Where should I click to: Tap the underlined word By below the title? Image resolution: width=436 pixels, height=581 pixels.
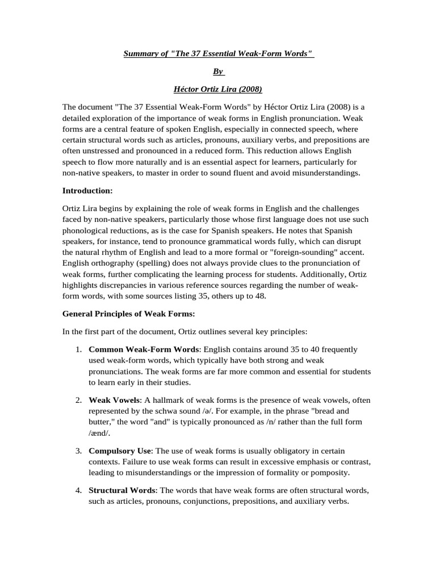tap(218, 72)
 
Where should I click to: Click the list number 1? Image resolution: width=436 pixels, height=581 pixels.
tap(79, 349)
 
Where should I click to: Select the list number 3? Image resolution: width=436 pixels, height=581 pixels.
tap(79, 451)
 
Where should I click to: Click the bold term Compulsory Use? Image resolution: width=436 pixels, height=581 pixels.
tap(120, 451)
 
